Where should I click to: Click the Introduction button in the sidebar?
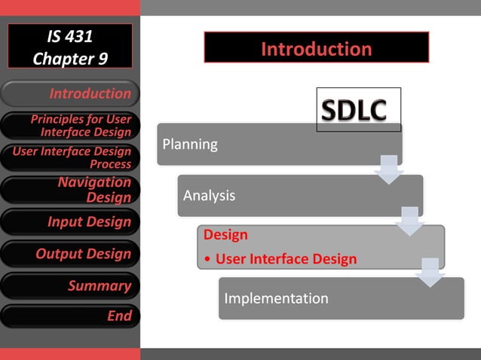pos(70,93)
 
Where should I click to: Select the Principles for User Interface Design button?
pos(70,126)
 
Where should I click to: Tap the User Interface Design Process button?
pos(70,157)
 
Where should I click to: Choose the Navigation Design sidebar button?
pos(70,190)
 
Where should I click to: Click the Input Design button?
pos(70,222)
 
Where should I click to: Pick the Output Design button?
pos(70,254)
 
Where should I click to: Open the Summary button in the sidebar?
pos(70,285)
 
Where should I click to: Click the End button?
pos(70,316)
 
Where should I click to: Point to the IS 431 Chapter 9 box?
pos(70,47)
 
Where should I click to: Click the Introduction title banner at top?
pos(316,48)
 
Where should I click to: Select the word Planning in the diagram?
pos(190,144)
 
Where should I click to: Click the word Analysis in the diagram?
pos(209,195)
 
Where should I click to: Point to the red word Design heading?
pos(225,235)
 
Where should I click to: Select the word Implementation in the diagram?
pos(276,298)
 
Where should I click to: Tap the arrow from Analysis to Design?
pos(410,220)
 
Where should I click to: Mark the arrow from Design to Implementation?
pos(430,271)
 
